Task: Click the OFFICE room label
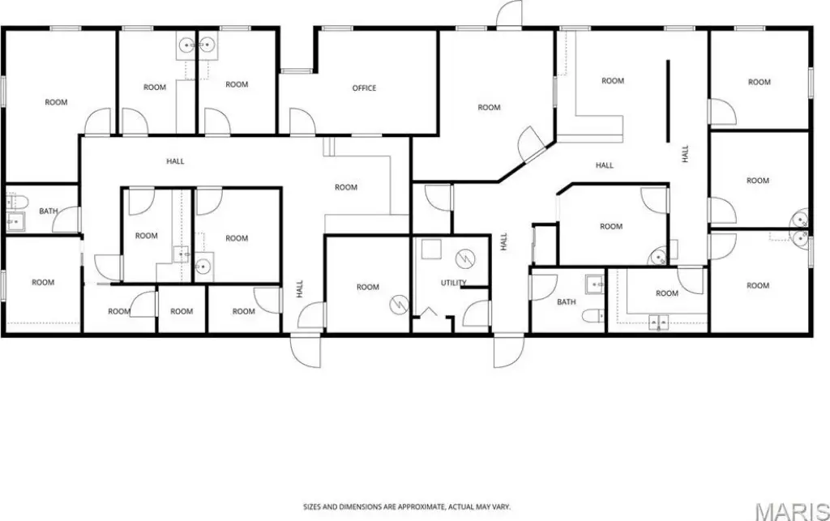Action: tap(364, 88)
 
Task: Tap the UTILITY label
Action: tap(454, 283)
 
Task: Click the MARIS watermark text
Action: tap(792, 511)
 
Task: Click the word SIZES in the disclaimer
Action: tap(312, 506)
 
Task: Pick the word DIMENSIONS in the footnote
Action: tap(357, 506)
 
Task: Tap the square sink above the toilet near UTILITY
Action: tap(595, 284)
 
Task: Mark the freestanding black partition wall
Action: tap(668, 101)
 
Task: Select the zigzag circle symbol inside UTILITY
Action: tap(464, 258)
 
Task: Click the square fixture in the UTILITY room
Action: tap(431, 249)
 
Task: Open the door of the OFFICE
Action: tap(302, 121)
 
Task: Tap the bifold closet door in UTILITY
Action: tap(428, 313)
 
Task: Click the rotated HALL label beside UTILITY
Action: tap(503, 241)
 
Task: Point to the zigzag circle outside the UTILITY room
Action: tap(396, 304)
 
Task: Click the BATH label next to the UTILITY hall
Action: tap(566, 301)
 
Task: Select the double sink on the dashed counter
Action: tap(658, 322)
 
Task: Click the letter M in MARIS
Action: tap(764, 511)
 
